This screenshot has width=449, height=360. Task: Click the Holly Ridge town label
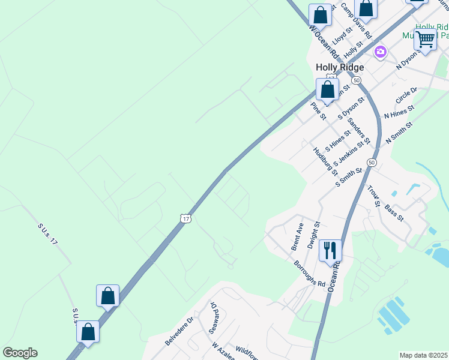coord(339,67)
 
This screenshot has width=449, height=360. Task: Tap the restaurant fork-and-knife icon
coord(330,250)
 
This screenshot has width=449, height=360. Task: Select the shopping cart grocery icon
coord(425,40)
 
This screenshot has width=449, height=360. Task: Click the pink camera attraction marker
coord(380,52)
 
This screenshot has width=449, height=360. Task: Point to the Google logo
coord(20,353)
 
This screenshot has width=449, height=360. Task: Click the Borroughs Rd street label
coord(309,273)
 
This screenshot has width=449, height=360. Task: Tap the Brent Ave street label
coord(297,236)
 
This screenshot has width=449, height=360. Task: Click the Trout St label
coord(374,196)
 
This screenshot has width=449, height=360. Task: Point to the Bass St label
coord(394,211)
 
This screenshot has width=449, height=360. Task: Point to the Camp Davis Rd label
coord(357,19)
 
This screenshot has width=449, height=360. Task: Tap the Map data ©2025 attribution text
coord(424,355)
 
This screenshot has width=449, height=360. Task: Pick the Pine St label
coord(318,110)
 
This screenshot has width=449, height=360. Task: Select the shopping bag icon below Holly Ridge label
coord(327,90)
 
